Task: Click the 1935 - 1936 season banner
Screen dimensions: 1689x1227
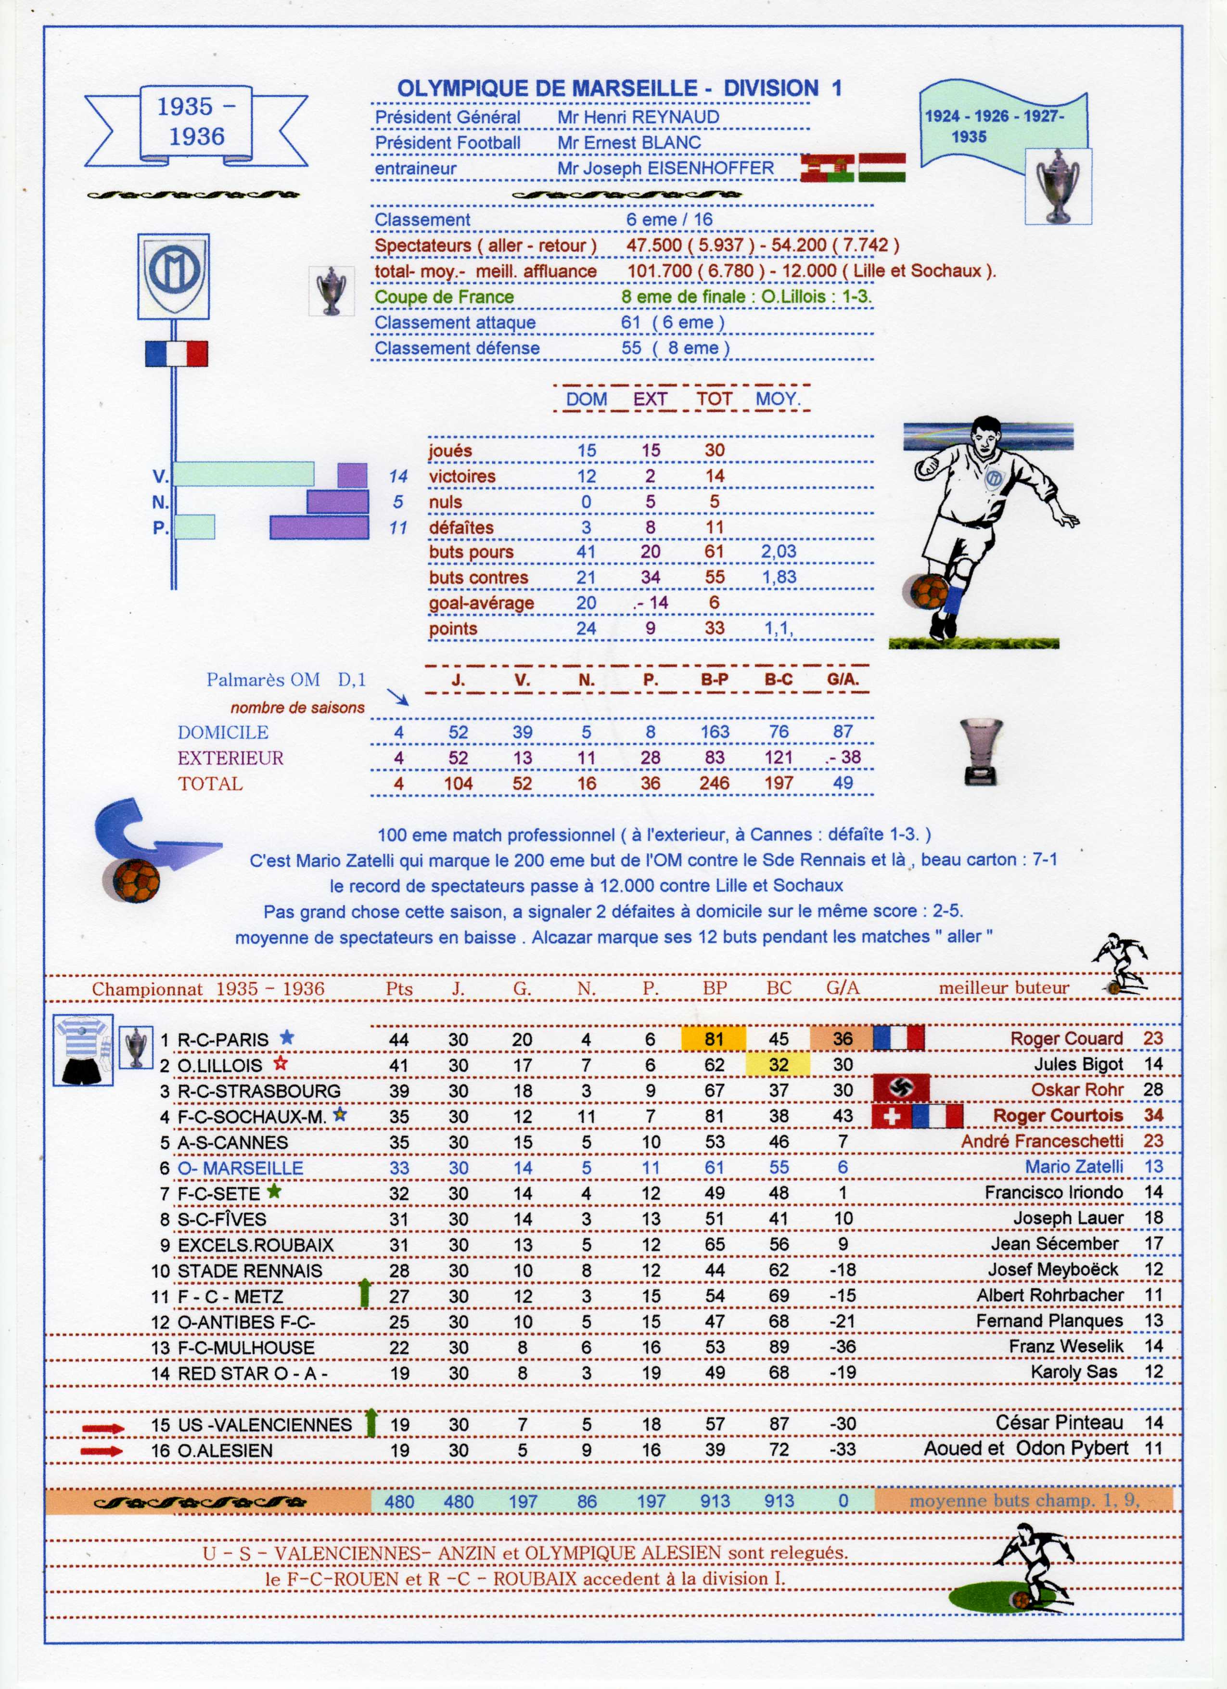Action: click(196, 124)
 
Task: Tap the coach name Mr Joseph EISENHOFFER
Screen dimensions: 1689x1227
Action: click(665, 168)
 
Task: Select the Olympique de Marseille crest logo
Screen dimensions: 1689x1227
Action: click(174, 276)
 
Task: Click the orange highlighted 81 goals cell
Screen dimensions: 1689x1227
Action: click(713, 1038)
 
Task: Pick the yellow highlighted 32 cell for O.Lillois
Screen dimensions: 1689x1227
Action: click(778, 1064)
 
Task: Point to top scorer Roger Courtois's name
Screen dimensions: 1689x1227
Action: click(1057, 1116)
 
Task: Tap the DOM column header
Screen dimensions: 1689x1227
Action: click(586, 399)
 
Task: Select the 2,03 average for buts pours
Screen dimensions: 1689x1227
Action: click(778, 552)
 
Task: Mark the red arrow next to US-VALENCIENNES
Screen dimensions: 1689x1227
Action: click(103, 1428)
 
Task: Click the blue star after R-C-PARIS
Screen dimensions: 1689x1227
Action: click(287, 1037)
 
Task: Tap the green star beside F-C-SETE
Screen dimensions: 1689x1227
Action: click(274, 1191)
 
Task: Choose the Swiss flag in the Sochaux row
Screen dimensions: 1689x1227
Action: click(891, 1116)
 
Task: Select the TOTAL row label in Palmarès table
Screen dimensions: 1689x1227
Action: click(210, 784)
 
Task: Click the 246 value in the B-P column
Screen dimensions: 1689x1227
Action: click(714, 784)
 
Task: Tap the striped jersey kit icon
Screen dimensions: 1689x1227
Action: click(83, 1049)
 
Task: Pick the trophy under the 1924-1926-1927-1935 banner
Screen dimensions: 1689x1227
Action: click(1058, 186)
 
